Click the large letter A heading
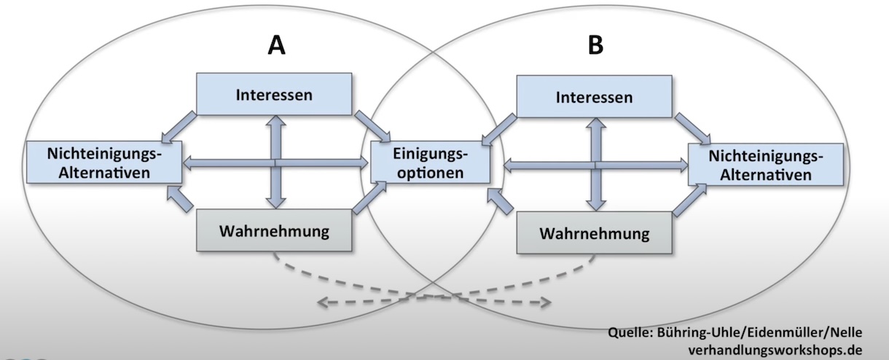click(x=277, y=46)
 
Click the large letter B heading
click(x=596, y=46)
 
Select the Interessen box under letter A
click(x=274, y=94)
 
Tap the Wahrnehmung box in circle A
click(x=274, y=231)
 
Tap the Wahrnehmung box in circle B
click(x=594, y=234)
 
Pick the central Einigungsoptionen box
click(x=429, y=163)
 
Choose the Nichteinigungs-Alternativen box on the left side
click(x=103, y=163)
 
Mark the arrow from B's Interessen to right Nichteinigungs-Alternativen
click(x=692, y=128)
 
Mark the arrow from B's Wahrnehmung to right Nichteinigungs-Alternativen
click(x=690, y=200)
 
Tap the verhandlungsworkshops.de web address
click(x=774, y=351)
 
